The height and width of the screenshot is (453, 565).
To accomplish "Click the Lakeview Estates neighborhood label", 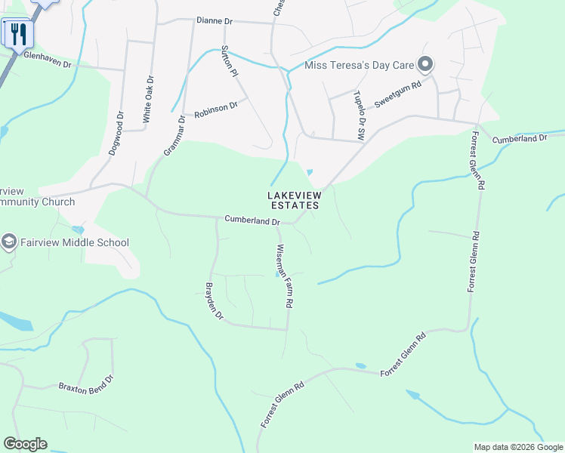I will [x=294, y=200].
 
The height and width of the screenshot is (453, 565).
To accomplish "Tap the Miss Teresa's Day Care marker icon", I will [x=425, y=65].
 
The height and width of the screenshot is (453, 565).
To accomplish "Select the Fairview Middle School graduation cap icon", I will [x=9, y=242].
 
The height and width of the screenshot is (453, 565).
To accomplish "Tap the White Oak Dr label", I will [x=149, y=100].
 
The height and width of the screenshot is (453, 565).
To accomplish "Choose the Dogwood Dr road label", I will [x=115, y=134].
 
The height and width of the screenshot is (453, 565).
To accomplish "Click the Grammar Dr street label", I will [x=174, y=136].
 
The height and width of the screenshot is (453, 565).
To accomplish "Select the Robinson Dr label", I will [x=216, y=109].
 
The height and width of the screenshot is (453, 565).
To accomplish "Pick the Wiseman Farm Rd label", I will [x=284, y=276].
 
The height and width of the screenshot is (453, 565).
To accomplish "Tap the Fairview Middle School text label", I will [x=75, y=243].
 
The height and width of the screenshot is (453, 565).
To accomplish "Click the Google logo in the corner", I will [x=25, y=444].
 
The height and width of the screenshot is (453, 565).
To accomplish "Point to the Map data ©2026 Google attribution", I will [x=518, y=447].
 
